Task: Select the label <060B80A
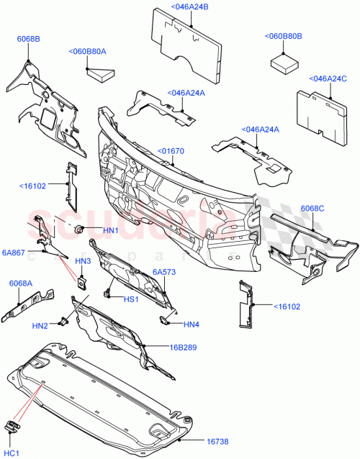coord(88,51)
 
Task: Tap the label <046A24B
coord(170,7)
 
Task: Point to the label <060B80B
coord(283,35)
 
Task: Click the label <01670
coord(172,151)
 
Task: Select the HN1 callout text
coord(110,230)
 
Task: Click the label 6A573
coord(164,272)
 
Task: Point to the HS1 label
coord(132,299)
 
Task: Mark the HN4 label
coord(190,324)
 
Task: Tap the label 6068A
coord(20,283)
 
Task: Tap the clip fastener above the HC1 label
coord(12,427)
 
